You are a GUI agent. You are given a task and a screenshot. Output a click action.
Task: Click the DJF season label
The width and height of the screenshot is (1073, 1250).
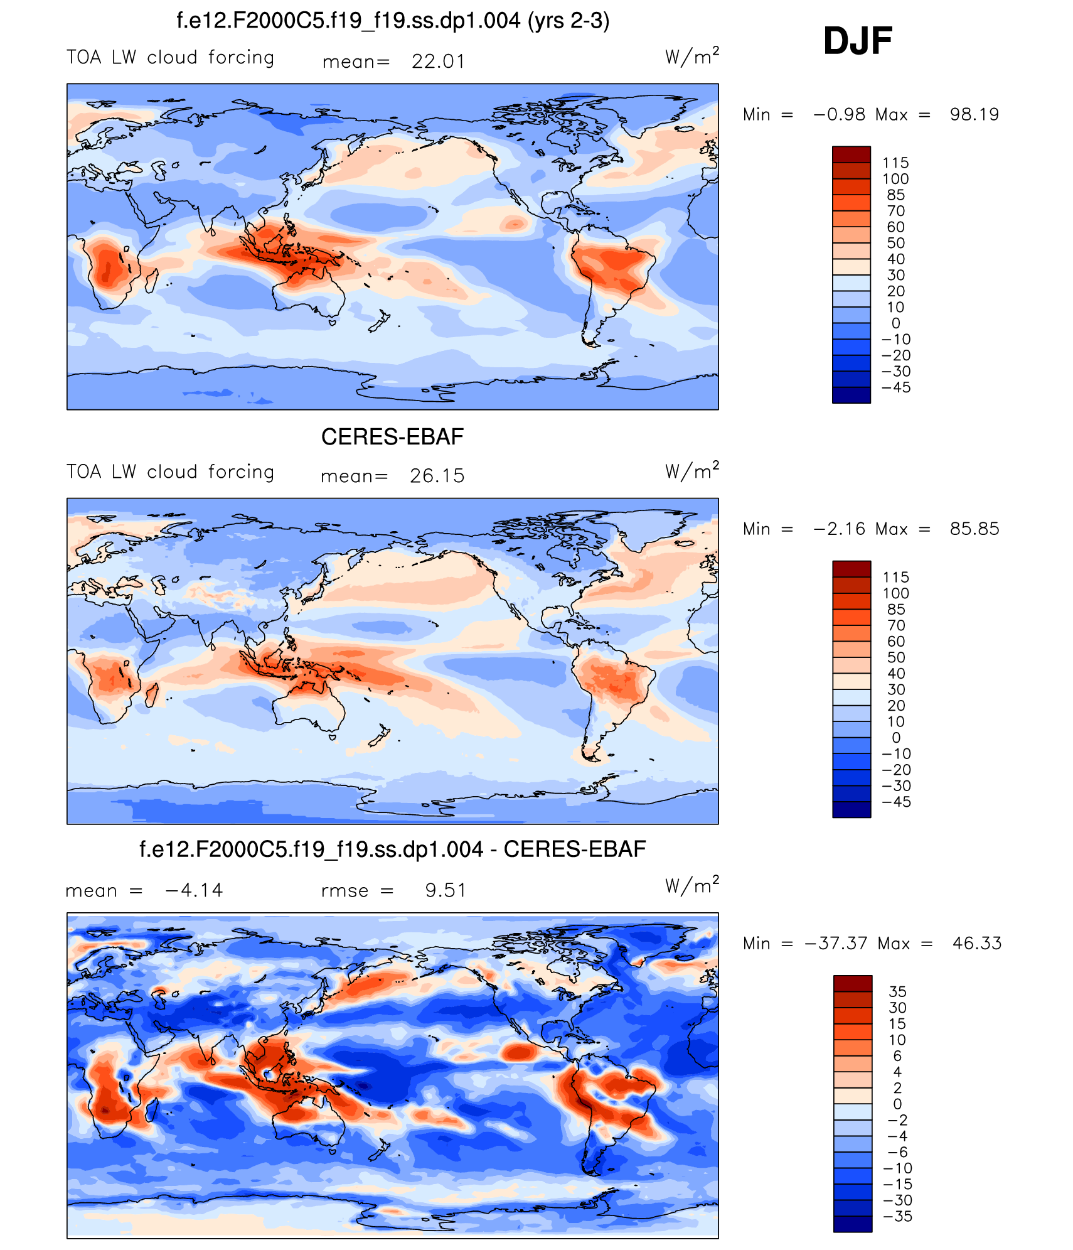point(857,41)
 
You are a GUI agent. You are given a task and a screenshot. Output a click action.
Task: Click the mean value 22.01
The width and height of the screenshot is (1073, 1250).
point(438,62)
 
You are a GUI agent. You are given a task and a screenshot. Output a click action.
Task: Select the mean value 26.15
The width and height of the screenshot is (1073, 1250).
point(437,476)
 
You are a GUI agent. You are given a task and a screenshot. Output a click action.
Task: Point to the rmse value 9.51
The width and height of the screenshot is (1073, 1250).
point(446,890)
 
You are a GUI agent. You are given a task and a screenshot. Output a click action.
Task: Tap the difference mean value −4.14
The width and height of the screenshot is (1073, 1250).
point(193,890)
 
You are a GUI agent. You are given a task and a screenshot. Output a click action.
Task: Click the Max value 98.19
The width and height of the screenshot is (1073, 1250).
point(974,114)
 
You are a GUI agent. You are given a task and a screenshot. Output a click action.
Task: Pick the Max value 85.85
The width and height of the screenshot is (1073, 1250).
point(974,529)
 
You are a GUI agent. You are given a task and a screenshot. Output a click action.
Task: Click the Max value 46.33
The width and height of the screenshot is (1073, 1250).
point(976,943)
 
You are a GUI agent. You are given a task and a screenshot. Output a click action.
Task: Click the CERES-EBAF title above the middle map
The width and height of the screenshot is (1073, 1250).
point(392,437)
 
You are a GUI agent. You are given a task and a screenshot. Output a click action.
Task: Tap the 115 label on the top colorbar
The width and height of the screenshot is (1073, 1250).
point(895,163)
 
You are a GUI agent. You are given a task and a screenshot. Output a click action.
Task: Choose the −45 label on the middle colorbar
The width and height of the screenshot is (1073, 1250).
point(896,802)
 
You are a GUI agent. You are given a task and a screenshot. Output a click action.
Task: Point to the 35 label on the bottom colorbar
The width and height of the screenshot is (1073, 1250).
point(897,991)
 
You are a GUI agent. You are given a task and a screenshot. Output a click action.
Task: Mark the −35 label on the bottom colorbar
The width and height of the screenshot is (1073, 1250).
point(897,1216)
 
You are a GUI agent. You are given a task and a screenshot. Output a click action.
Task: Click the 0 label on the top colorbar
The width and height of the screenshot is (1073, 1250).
point(895,323)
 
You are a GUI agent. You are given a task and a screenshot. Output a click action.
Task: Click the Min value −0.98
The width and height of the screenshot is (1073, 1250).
point(839,114)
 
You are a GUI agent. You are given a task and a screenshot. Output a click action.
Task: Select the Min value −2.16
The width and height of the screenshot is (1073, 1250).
point(839,529)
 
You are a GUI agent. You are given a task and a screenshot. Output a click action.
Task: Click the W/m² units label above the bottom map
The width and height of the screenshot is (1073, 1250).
point(691,885)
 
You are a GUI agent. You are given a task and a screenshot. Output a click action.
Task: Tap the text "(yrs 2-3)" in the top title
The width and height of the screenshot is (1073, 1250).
point(569,21)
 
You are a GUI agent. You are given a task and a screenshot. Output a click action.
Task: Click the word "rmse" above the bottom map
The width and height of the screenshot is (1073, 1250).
point(344,891)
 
